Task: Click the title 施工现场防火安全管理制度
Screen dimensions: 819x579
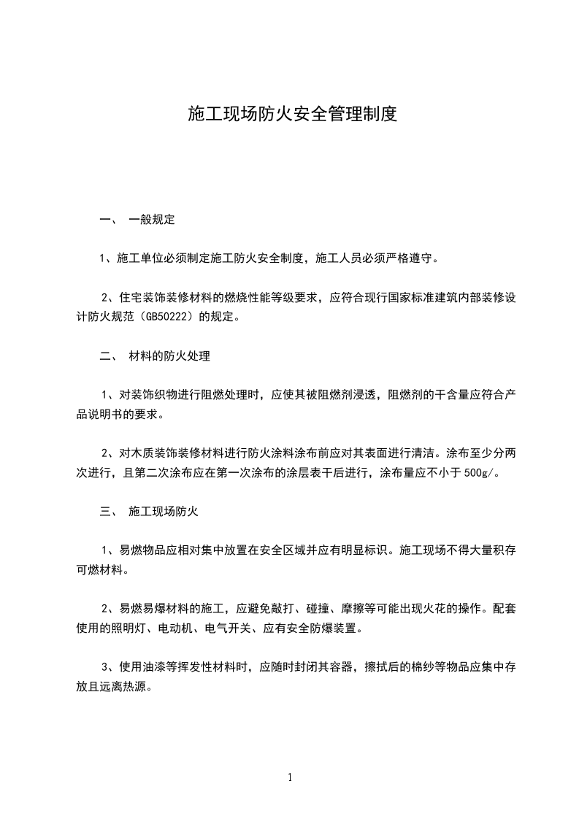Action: pyautogui.click(x=292, y=114)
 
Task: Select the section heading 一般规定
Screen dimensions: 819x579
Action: pyautogui.click(x=151, y=218)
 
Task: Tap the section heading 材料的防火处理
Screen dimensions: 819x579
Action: pyautogui.click(x=169, y=356)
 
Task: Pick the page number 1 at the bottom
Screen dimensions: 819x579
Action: pyautogui.click(x=290, y=777)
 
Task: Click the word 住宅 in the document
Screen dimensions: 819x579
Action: pyautogui.click(x=129, y=297)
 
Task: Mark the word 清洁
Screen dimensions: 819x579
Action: pyautogui.click(x=426, y=453)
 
